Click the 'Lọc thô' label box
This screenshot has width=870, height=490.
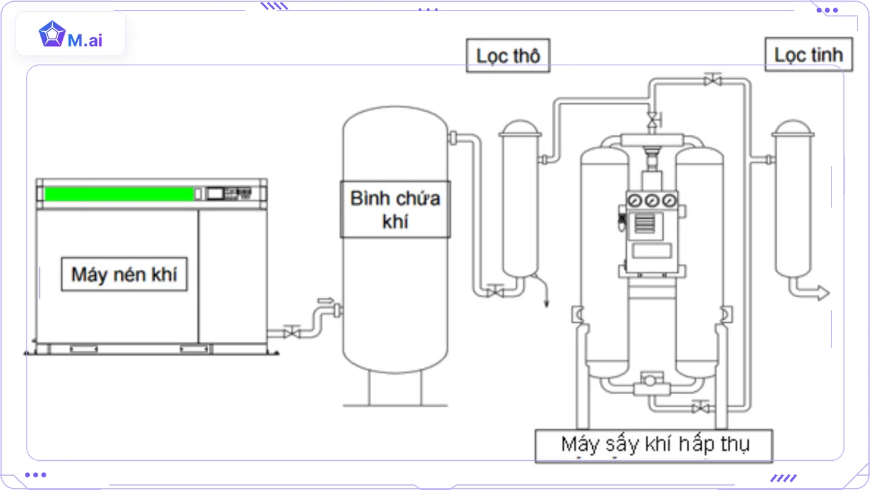click(508, 55)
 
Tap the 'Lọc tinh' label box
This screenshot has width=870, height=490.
click(809, 54)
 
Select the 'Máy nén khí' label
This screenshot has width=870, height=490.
click(124, 274)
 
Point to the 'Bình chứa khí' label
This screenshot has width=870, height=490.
click(395, 209)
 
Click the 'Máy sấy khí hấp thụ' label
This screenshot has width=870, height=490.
click(654, 445)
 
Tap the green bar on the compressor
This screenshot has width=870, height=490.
click(119, 194)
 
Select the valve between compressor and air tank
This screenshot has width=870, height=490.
click(291, 331)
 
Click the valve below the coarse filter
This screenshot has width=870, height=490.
click(495, 291)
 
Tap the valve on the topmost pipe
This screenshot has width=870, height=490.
click(713, 80)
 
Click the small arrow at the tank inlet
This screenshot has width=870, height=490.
click(326, 300)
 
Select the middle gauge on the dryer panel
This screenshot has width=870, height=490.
click(652, 201)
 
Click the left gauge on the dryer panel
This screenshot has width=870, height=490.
click(634, 201)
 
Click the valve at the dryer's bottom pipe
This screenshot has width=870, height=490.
click(700, 408)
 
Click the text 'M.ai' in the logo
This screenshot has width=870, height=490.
click(85, 40)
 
